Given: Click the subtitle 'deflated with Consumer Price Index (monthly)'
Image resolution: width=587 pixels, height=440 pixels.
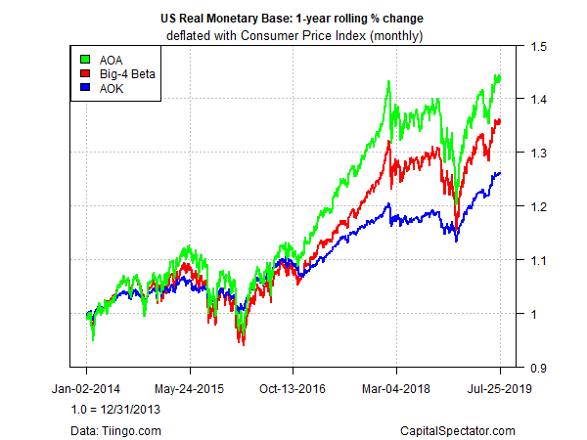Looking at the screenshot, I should [293, 35].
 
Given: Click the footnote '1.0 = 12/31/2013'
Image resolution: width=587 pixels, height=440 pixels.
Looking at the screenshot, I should [114, 410].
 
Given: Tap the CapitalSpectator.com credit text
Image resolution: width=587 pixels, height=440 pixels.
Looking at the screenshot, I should [457, 429].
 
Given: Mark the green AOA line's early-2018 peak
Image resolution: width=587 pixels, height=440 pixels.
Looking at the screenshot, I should [389, 82].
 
